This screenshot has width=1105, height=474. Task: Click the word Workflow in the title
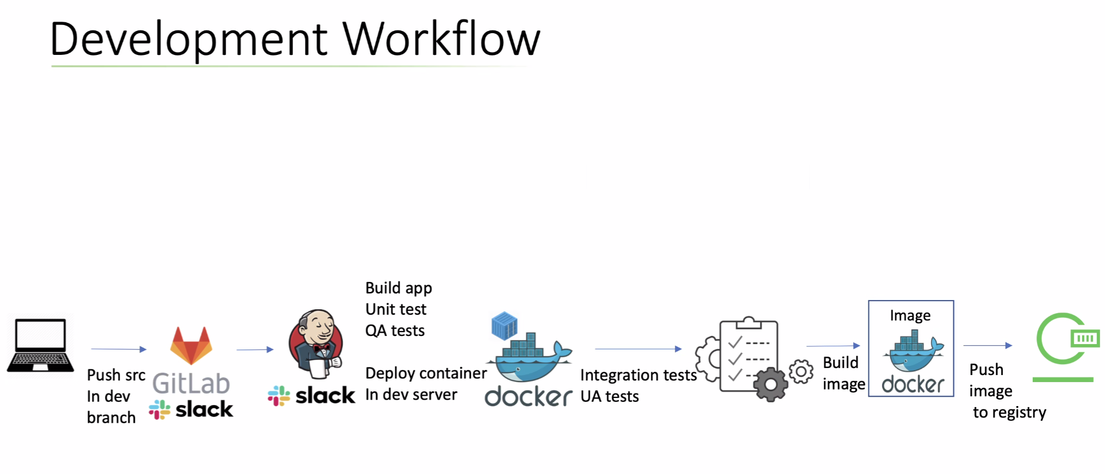point(441,39)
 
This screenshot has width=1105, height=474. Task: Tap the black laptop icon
point(40,346)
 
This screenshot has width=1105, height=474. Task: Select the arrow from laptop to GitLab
point(119,349)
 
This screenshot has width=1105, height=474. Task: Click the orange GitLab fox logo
point(191,346)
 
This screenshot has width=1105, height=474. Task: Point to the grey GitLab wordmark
point(191,384)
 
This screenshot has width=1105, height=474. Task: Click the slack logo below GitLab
point(191,409)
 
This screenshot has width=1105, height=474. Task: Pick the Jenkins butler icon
point(316,344)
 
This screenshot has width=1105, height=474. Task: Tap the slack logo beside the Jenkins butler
point(312,396)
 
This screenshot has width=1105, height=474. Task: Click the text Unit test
point(396,309)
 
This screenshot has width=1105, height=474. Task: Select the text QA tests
point(395,330)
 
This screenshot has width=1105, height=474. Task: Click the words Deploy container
point(426,373)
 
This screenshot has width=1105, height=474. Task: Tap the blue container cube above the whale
point(504,325)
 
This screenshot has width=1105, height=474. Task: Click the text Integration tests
point(638,375)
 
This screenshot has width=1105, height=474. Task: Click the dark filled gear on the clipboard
point(771,385)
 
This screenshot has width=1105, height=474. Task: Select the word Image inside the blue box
point(910,316)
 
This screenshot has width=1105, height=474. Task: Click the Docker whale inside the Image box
point(913,353)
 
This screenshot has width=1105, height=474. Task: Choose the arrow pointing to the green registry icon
point(988,345)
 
